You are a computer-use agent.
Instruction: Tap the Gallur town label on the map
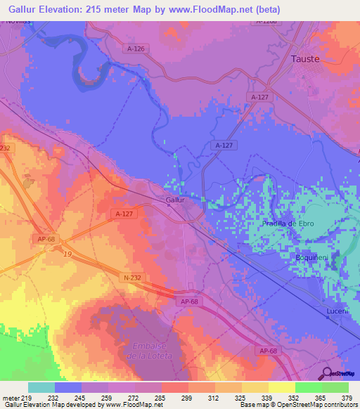[x=175, y=200]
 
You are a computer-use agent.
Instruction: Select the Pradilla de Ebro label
[x=288, y=223]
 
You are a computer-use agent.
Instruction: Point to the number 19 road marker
[x=67, y=254]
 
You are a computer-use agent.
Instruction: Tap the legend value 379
[x=347, y=397]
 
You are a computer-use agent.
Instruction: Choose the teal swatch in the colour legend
[x=41, y=387]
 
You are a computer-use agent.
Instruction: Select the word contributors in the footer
[x=340, y=405]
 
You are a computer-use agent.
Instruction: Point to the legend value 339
[x=266, y=397]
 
